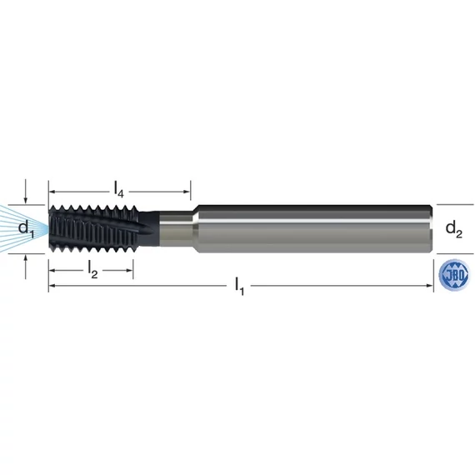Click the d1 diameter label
point(26,228)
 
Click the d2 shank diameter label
point(454,228)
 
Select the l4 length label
point(118,190)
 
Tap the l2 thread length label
point(92,270)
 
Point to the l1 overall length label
point(239,287)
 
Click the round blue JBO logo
point(454,275)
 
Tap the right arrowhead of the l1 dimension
point(430,285)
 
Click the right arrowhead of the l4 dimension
point(187,192)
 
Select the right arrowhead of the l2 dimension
point(129,270)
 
